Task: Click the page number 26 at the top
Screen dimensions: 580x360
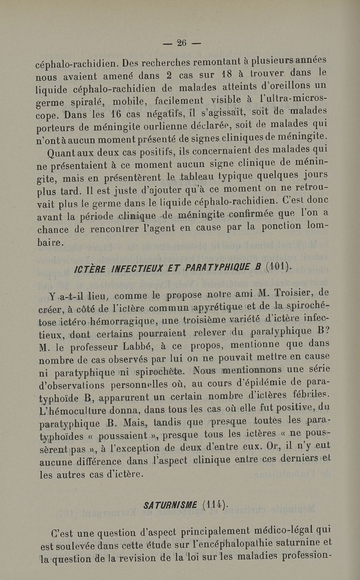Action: (182, 43)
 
